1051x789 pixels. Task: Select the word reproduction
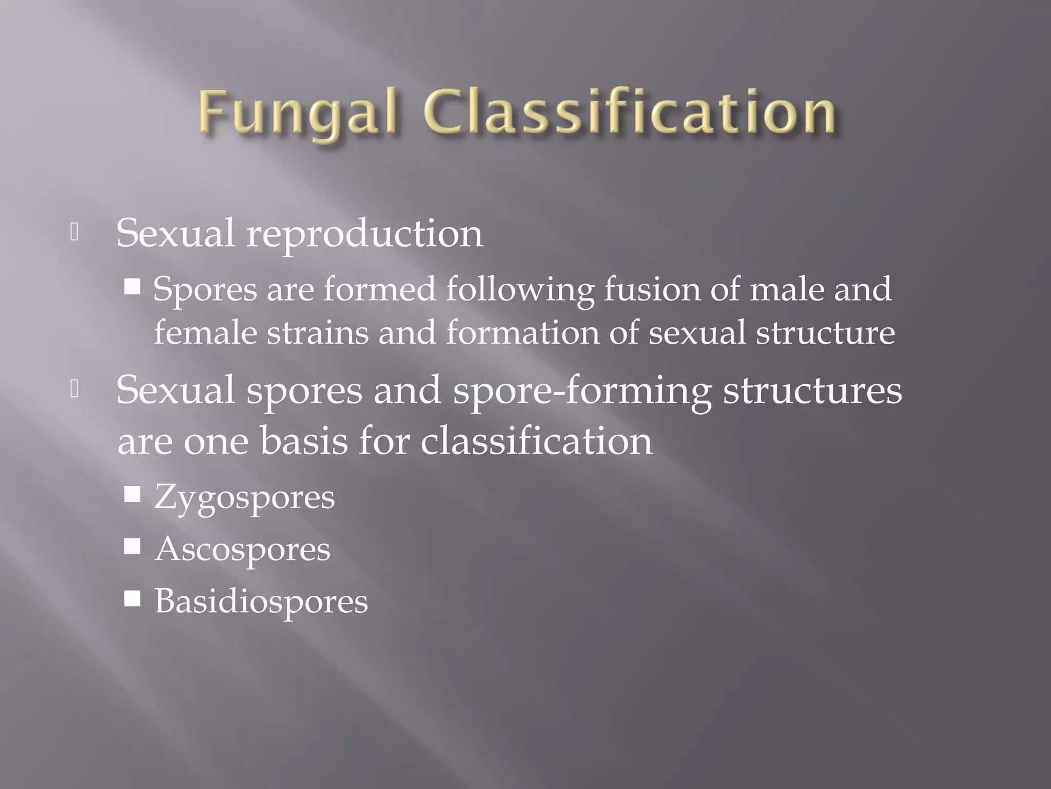click(364, 234)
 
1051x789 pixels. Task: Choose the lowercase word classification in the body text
click(536, 441)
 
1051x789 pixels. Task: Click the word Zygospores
click(244, 497)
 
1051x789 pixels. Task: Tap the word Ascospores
click(242, 549)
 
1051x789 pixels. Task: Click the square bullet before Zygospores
click(132, 495)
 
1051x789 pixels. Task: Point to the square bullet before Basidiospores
click(132, 598)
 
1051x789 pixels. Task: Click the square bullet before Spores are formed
click(132, 287)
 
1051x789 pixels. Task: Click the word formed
click(379, 289)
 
